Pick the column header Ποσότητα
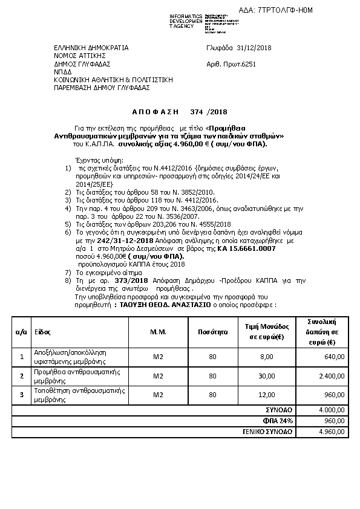pyautogui.click(x=212, y=332)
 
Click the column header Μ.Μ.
pyautogui.click(x=158, y=332)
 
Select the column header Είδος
pyautogui.click(x=42, y=332)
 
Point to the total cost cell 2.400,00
pyautogui.click(x=332, y=376)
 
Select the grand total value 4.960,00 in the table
pyautogui.click(x=332, y=432)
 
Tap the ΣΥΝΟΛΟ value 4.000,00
pyautogui.click(x=332, y=409)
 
